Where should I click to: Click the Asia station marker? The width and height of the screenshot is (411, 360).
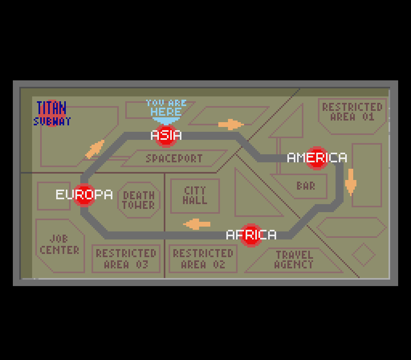tap(166, 135)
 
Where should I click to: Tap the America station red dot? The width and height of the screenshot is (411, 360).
tap(317, 158)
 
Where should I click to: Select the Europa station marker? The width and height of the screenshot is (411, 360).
tap(84, 194)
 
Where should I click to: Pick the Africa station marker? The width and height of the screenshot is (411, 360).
tap(251, 235)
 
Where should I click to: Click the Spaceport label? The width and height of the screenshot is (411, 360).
tap(174, 158)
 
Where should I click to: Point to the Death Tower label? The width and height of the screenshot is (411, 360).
tap(138, 200)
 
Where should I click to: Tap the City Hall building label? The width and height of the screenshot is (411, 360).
tap(195, 195)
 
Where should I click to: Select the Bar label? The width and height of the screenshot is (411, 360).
tap(306, 186)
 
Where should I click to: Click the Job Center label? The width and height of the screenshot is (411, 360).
tap(59, 245)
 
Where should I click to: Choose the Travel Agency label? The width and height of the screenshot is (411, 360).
tap(294, 260)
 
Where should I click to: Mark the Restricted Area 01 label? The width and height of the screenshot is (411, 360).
tap(352, 112)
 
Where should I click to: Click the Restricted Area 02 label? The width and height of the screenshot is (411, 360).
tap(203, 259)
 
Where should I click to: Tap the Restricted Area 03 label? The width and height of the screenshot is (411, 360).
tap(126, 259)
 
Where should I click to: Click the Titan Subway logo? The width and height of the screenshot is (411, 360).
tap(52, 114)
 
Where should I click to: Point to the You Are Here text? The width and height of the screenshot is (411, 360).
tap(166, 108)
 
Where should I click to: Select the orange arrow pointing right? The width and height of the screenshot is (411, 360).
tap(231, 125)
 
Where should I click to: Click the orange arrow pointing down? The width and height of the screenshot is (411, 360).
tap(351, 182)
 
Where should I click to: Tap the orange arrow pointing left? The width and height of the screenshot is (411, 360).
tap(197, 224)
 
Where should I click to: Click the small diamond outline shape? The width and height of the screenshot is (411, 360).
tap(363, 254)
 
